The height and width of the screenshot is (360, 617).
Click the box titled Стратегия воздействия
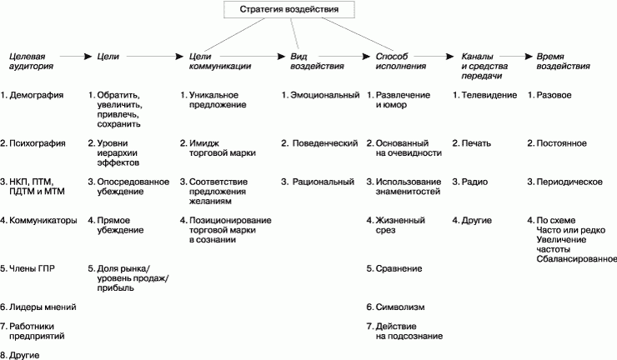point(289,9)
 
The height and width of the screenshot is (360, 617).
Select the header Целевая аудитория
point(31,62)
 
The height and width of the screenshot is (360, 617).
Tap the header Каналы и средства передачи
point(484,66)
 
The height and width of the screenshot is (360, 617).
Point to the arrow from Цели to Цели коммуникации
point(154,57)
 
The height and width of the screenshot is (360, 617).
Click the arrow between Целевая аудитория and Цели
point(76,57)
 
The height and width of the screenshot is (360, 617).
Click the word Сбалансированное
point(576,259)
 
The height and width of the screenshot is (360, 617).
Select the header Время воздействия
point(563,62)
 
